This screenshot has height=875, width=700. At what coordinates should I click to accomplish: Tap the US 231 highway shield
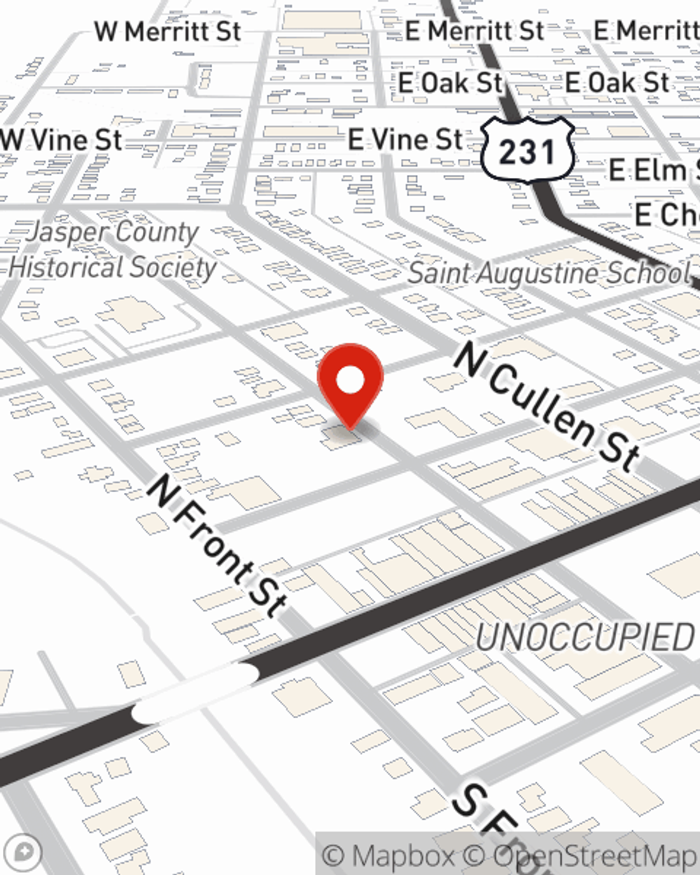[528, 150]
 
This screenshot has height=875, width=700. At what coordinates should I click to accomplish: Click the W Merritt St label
[168, 31]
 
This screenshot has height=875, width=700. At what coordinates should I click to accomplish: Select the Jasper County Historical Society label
[112, 250]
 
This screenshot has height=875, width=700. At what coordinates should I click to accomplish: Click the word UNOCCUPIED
[584, 638]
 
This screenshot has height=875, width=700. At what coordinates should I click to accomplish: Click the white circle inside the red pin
[350, 381]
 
